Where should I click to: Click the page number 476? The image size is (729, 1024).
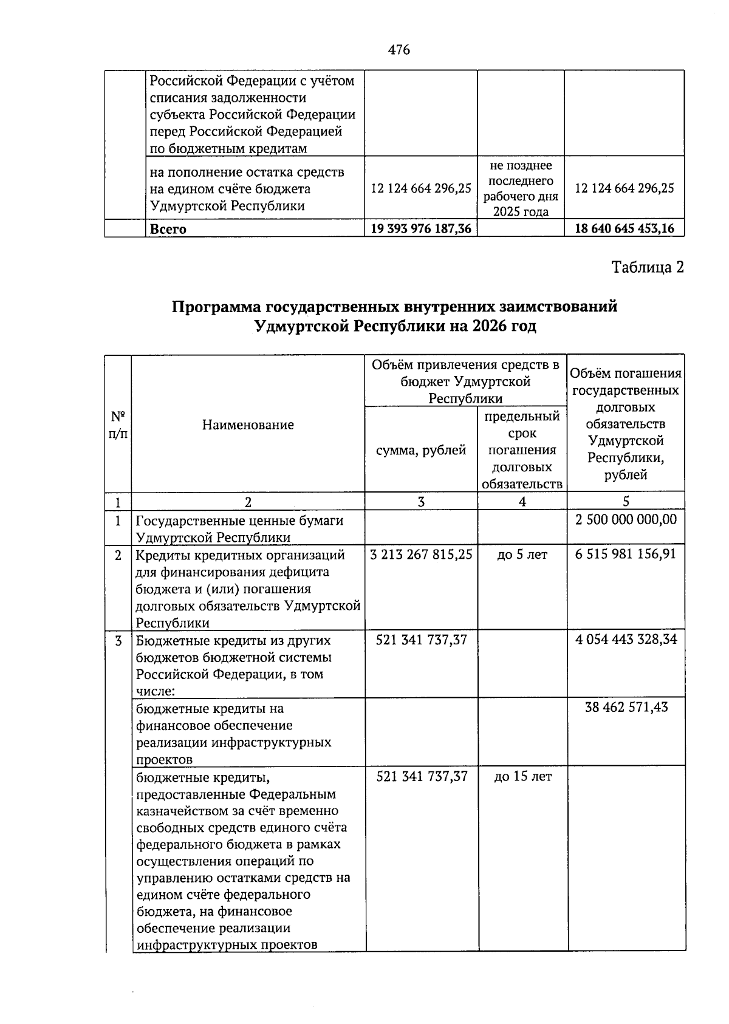tap(399, 50)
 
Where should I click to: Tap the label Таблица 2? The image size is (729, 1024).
tap(647, 267)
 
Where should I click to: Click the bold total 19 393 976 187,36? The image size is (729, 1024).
tap(421, 229)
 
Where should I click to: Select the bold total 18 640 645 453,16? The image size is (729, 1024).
tap(624, 229)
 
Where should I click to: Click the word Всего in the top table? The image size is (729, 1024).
tap(168, 230)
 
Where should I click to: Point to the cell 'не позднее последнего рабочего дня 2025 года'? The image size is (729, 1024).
tap(521, 188)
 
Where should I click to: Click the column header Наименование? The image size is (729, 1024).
tap(248, 425)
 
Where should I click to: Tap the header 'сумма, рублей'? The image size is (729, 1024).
tap(421, 450)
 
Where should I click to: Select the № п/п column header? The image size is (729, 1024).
tap(118, 425)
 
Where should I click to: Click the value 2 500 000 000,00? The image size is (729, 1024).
tap(626, 519)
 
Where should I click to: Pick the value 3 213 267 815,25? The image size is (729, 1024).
tap(421, 555)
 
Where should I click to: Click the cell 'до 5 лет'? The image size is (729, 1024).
tap(522, 555)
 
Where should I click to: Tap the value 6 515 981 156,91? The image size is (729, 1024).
tap(626, 555)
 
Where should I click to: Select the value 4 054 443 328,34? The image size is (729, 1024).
tap(626, 639)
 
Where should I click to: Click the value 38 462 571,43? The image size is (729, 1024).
tap(626, 707)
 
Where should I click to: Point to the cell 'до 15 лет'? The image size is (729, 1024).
tap(522, 776)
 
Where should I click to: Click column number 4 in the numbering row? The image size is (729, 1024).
tap(522, 502)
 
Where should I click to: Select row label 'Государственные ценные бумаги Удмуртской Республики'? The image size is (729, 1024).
tap(239, 528)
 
